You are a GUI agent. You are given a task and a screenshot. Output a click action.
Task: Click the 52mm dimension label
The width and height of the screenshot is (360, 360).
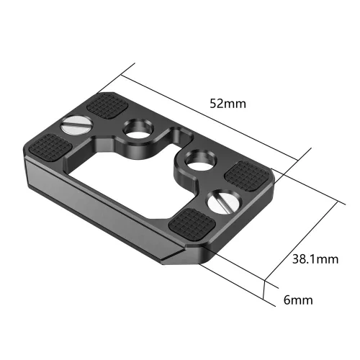point(226,103)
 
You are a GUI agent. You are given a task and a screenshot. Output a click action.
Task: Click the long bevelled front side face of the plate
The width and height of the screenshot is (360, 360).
point(108,216)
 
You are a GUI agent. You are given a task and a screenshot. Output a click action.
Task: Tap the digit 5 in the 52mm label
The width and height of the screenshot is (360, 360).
point(212,103)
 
